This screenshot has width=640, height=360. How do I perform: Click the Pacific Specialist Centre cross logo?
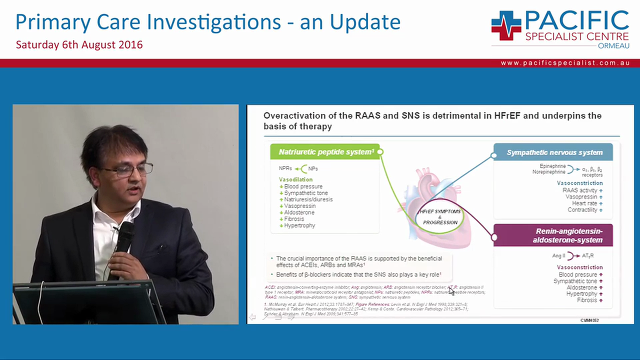click(x=506, y=25)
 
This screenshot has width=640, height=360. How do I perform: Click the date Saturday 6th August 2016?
click(x=79, y=44)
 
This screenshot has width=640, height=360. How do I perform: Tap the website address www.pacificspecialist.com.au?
click(x=565, y=63)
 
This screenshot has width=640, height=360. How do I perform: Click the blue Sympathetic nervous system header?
click(x=554, y=152)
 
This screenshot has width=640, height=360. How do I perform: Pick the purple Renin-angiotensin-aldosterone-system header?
click(x=554, y=235)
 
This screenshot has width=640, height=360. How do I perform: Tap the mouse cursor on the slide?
click(x=451, y=290)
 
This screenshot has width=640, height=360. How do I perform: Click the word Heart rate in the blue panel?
click(x=584, y=203)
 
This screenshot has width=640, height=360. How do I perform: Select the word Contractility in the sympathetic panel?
click(x=582, y=210)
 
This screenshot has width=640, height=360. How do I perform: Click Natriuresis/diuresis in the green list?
click(x=308, y=199)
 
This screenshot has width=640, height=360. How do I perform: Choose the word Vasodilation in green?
click(x=295, y=179)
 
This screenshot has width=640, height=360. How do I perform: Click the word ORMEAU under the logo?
click(x=613, y=46)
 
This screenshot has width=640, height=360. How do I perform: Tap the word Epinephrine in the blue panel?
click(x=552, y=166)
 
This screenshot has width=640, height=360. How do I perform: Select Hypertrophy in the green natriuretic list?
click(x=299, y=225)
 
